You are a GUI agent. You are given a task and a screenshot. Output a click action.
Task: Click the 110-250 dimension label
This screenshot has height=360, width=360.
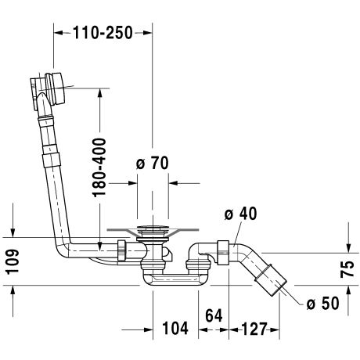(x=103, y=33)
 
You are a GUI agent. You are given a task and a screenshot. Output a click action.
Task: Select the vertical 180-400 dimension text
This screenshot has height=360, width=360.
(x=99, y=167)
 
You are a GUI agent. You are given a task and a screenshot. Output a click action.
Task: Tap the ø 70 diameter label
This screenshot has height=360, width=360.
(x=153, y=163)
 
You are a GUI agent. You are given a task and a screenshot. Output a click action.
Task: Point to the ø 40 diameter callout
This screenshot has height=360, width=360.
(x=240, y=214)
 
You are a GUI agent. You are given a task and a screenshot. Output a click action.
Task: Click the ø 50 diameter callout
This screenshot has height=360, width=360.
(x=323, y=304)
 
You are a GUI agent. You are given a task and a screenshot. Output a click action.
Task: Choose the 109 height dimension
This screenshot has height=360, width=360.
(x=13, y=261)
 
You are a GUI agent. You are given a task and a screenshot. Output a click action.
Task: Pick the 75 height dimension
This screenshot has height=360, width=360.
(x=347, y=268)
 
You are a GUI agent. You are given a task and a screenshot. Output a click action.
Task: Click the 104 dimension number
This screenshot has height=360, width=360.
(x=175, y=328)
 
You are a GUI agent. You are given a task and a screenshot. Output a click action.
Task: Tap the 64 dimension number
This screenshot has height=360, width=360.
(x=214, y=315)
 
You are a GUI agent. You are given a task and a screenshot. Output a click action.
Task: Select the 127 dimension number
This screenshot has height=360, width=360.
(x=254, y=329)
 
